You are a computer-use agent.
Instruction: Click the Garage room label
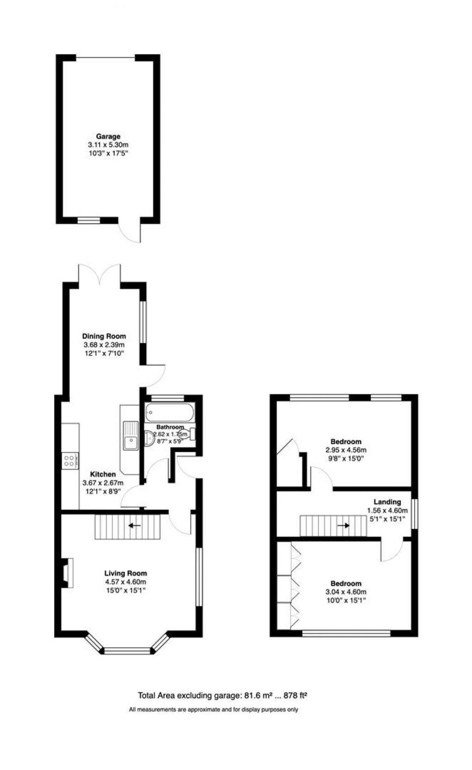point(108,137)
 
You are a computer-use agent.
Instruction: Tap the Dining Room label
point(104,336)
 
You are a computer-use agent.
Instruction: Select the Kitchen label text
point(103,474)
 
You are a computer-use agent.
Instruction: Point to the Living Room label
point(125,573)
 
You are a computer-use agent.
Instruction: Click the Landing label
point(387,502)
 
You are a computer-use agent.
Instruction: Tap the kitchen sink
point(130,436)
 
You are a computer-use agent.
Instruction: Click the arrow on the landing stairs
point(344,526)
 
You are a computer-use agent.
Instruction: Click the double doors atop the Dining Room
point(100,273)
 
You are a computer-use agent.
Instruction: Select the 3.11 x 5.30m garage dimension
point(108,145)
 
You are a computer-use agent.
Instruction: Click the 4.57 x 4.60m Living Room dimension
point(125,582)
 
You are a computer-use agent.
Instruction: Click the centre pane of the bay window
point(127,652)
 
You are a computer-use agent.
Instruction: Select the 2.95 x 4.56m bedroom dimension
point(346,450)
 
